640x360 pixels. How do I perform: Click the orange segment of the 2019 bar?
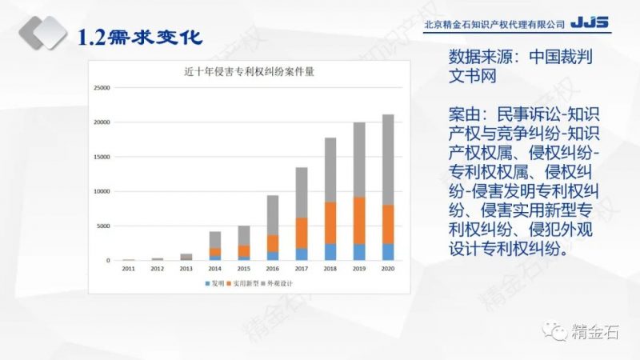[x=359, y=220]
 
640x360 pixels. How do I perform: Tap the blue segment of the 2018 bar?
[x=330, y=252]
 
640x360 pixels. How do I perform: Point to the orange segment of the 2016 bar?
[x=273, y=243]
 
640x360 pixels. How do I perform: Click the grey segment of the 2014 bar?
[x=215, y=240]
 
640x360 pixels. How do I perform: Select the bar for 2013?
[x=186, y=257]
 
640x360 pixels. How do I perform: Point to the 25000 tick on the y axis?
[x=102, y=88]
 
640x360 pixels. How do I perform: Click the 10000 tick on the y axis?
[x=102, y=192]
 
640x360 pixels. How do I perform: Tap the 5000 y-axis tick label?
[x=103, y=226]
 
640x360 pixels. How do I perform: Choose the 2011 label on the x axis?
[x=129, y=270]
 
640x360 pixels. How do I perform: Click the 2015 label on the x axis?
[x=244, y=270]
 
